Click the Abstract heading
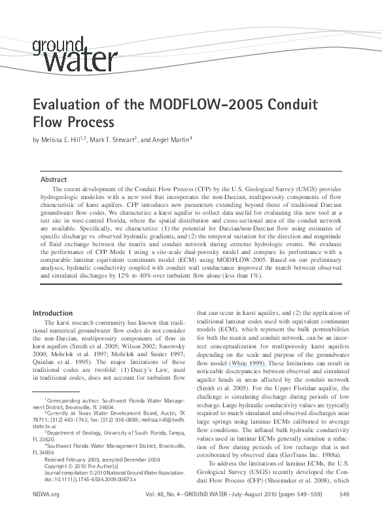coord(54,179)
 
